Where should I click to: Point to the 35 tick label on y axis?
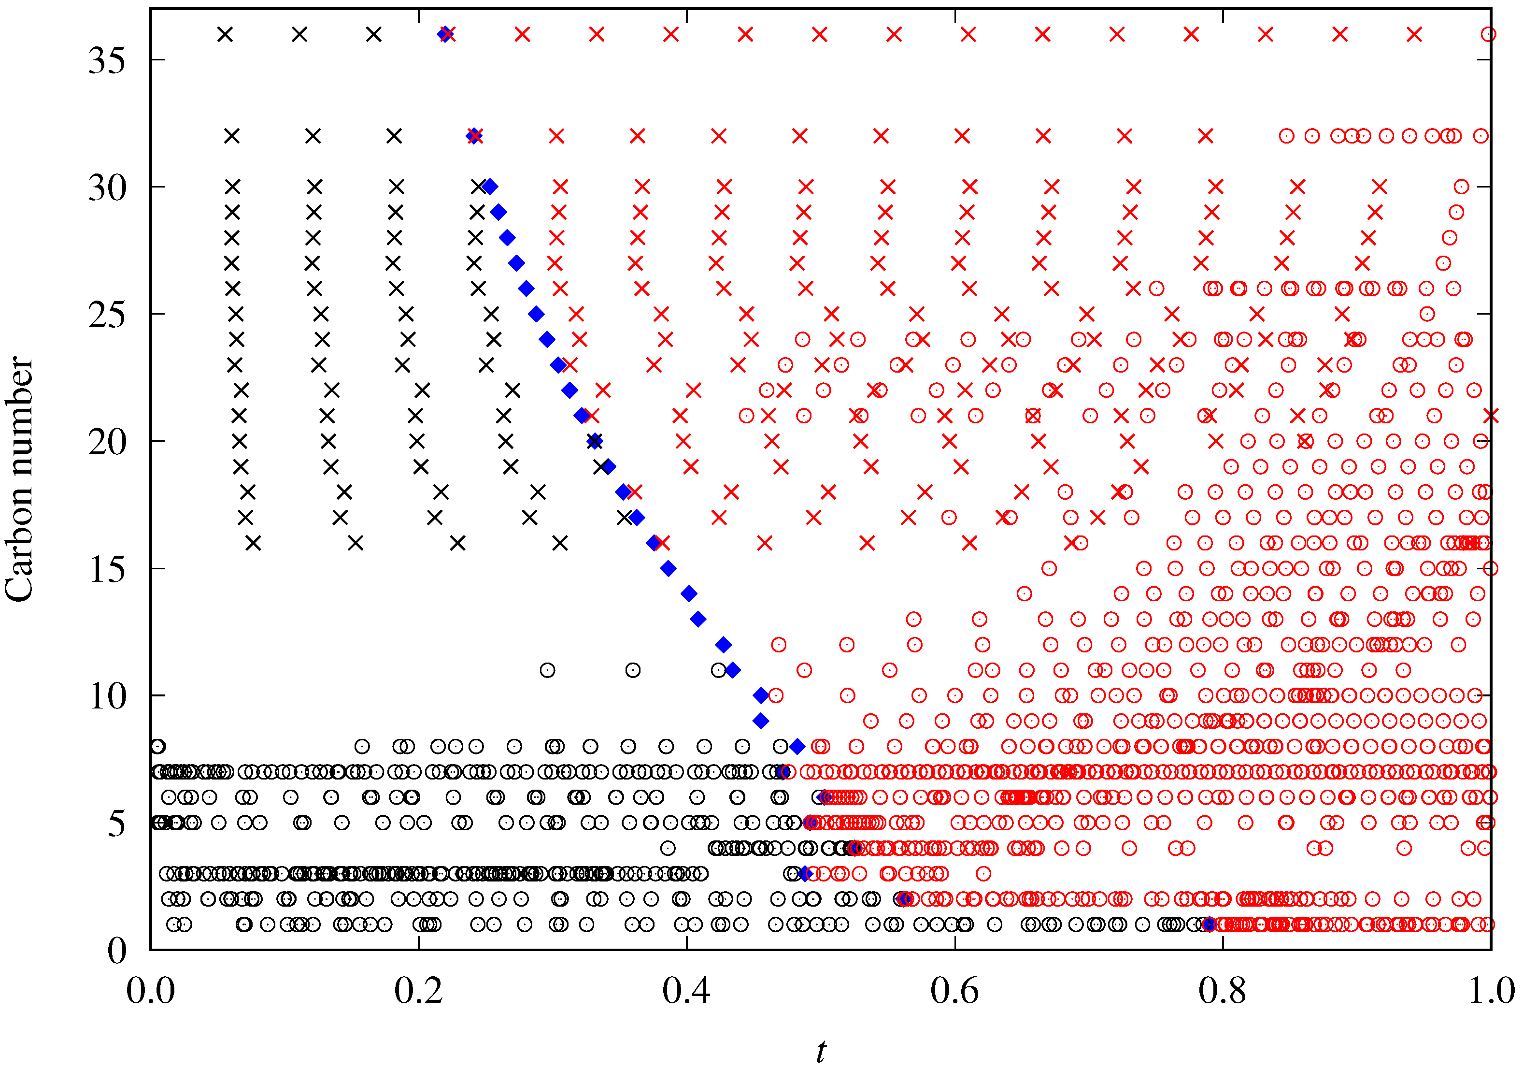pyautogui.click(x=107, y=60)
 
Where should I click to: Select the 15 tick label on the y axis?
pyautogui.click(x=107, y=569)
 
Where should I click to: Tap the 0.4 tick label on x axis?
pyautogui.click(x=686, y=991)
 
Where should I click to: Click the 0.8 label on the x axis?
pyautogui.click(x=1223, y=991)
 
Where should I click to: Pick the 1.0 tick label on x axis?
pyautogui.click(x=1491, y=991)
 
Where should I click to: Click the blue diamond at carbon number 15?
pyautogui.click(x=669, y=568)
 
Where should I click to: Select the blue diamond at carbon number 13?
pyautogui.click(x=698, y=619)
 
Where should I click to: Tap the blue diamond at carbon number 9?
pyautogui.click(x=761, y=721)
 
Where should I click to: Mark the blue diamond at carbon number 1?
pyautogui.click(x=1209, y=925)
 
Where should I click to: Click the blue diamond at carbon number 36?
pyautogui.click(x=444, y=34)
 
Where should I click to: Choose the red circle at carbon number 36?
pyautogui.click(x=1489, y=34)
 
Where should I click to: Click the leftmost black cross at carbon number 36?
pyautogui.click(x=226, y=34)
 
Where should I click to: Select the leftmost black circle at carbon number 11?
pyautogui.click(x=547, y=670)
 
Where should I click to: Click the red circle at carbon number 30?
pyautogui.click(x=1461, y=187)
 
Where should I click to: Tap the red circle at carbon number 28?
pyautogui.click(x=1450, y=238)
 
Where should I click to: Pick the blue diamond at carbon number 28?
pyautogui.click(x=508, y=238)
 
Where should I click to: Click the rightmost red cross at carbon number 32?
pyautogui.click(x=1205, y=136)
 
